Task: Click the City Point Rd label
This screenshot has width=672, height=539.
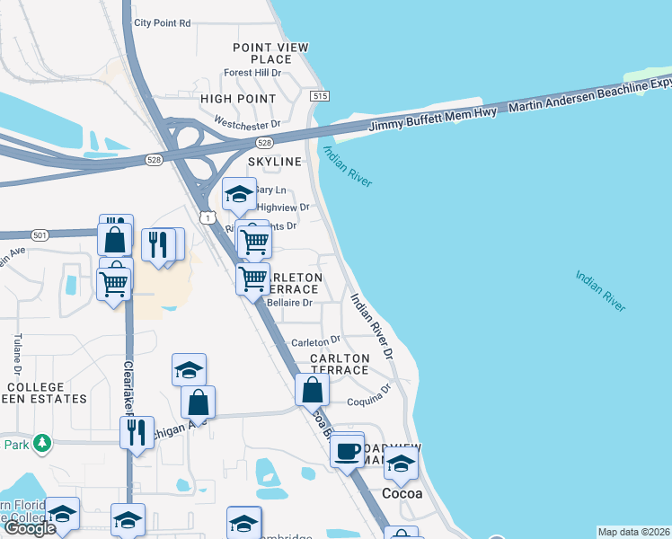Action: pos(162,22)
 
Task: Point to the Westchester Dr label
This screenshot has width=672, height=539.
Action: pos(248,122)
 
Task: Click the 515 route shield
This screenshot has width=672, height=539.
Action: pos(318,95)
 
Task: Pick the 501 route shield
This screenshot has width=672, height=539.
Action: pos(39,235)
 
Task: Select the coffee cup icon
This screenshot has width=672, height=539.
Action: pos(346,452)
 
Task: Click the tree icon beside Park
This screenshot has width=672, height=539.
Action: pos(40,443)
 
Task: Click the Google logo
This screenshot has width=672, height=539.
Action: pos(30,528)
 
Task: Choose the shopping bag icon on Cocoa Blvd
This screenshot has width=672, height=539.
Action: pos(312,391)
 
